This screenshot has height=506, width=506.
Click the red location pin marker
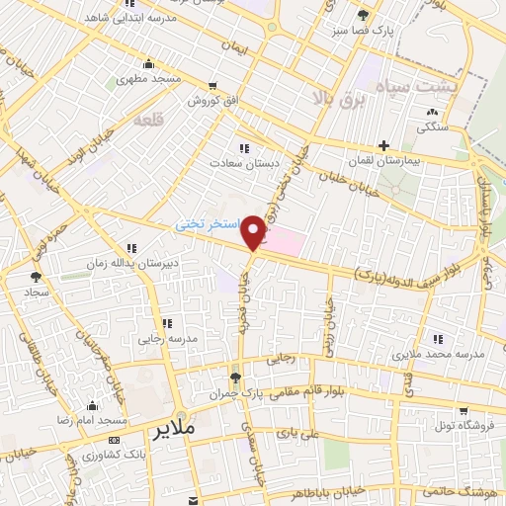point(255,231)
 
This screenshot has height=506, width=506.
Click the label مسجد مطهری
point(144,79)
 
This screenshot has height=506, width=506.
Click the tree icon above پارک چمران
point(235,378)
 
